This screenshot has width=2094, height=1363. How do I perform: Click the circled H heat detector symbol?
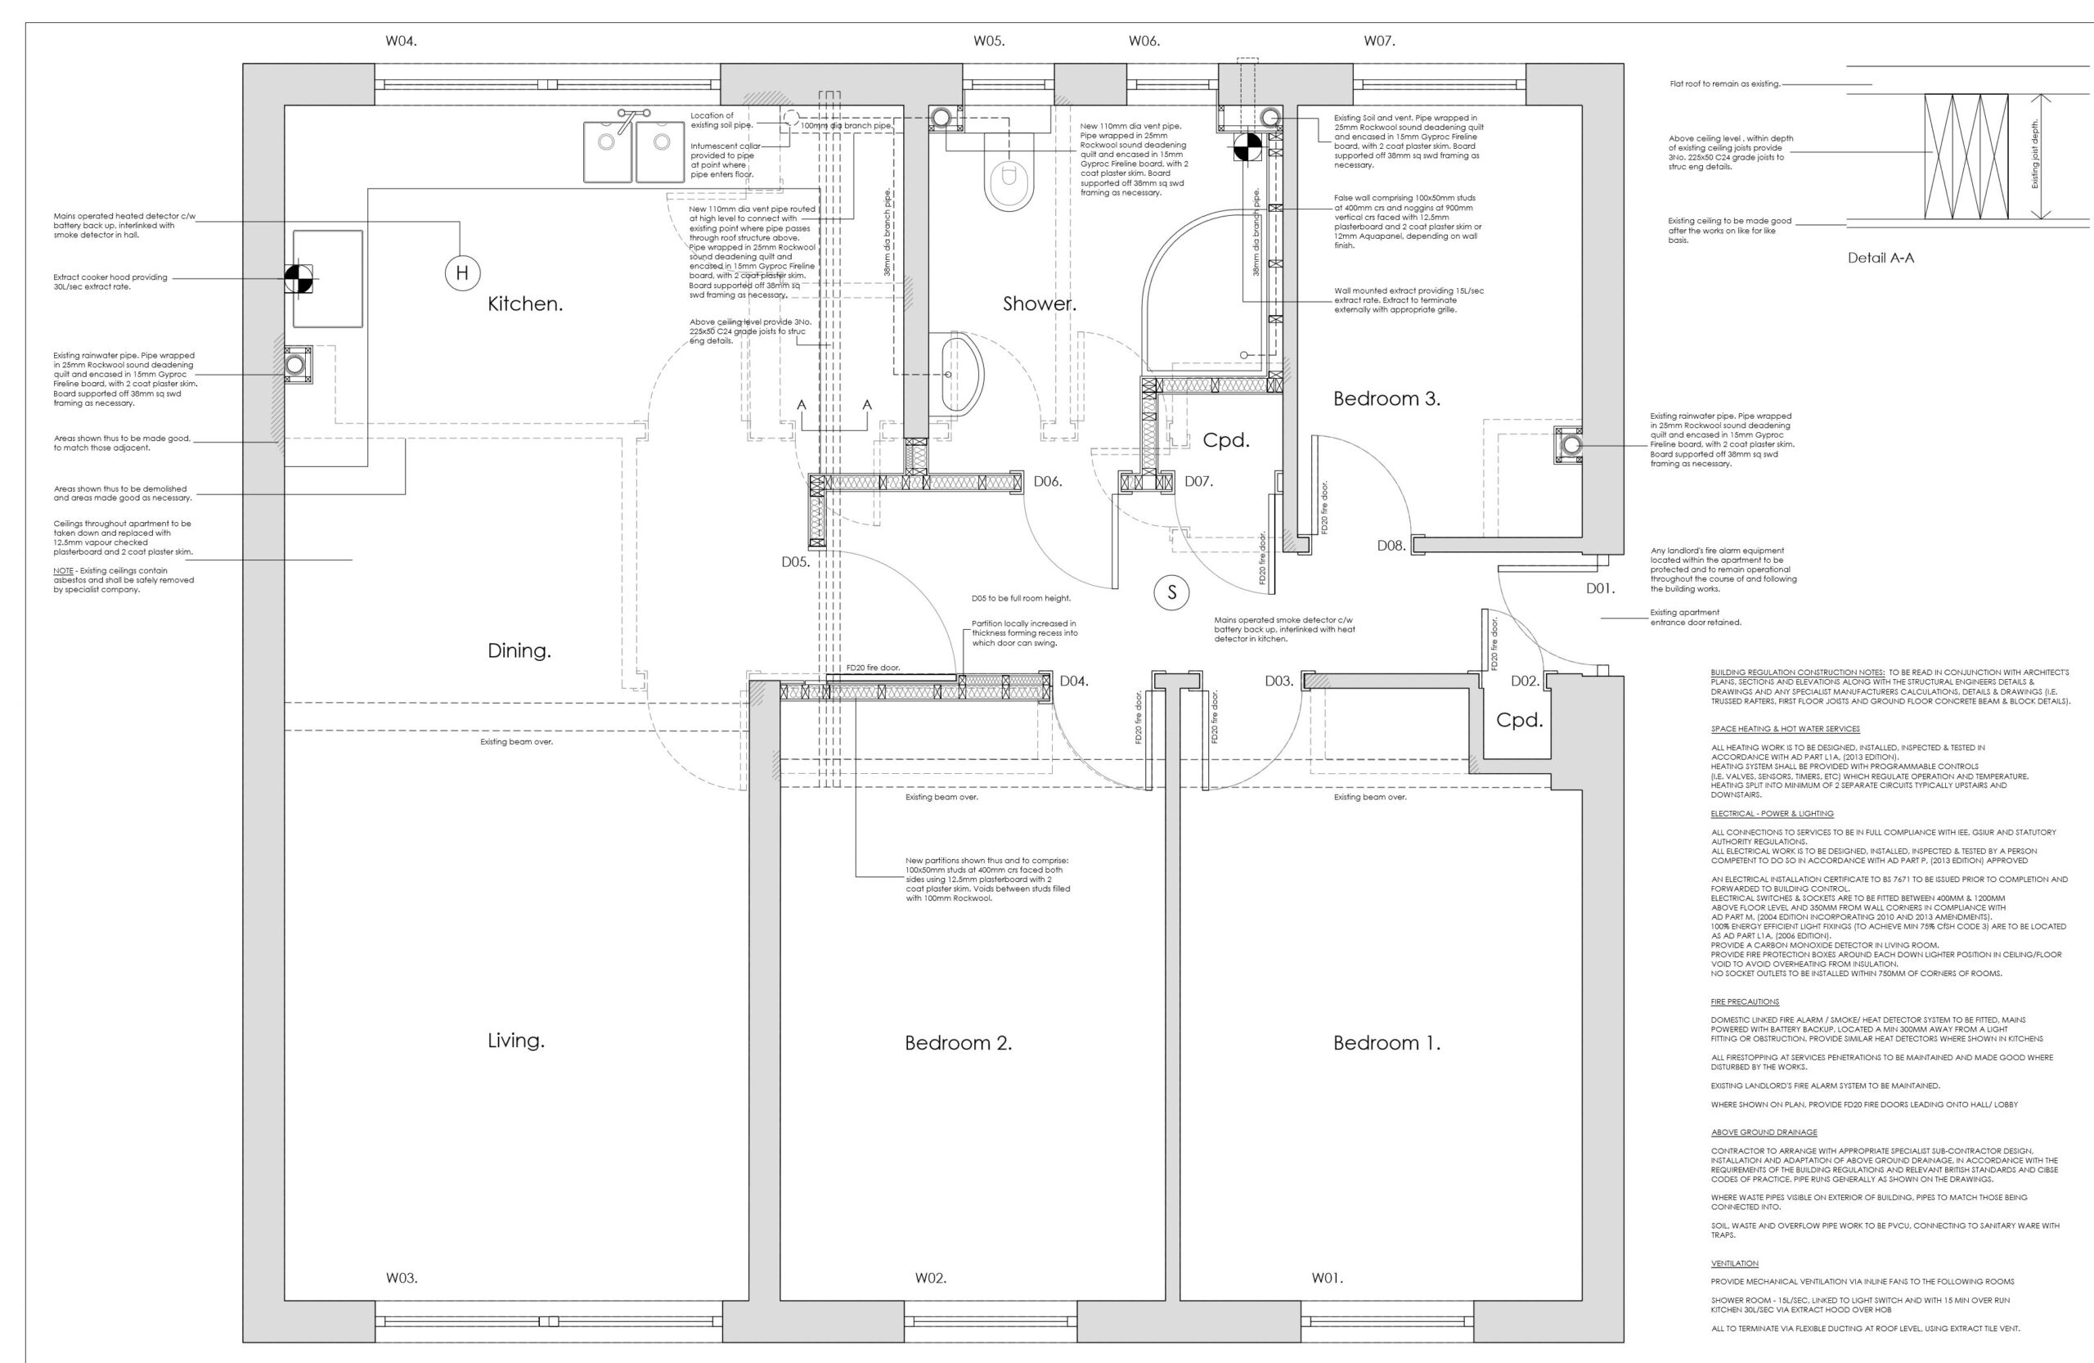[462, 272]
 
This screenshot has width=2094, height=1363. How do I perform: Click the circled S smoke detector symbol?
[1171, 592]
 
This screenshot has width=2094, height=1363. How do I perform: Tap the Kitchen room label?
[525, 304]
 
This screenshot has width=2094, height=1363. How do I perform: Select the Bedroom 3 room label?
[1386, 398]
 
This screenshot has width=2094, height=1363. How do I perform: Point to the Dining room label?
[519, 651]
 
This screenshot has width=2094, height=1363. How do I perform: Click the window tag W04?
[401, 42]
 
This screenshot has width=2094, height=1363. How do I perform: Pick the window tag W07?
[1380, 42]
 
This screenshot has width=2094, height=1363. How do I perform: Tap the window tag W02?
[930, 1278]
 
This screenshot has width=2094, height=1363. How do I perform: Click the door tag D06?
[1048, 481]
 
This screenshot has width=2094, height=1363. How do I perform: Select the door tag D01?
[1601, 589]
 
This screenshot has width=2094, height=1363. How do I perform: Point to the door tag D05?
[795, 562]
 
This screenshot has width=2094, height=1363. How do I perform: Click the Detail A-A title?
[1881, 258]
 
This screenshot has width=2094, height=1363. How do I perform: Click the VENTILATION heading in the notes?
[1734, 1262]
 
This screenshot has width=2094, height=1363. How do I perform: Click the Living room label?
[516, 1041]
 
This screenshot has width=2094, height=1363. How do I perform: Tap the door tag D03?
[1279, 680]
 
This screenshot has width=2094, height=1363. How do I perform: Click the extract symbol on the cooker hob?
[298, 279]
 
